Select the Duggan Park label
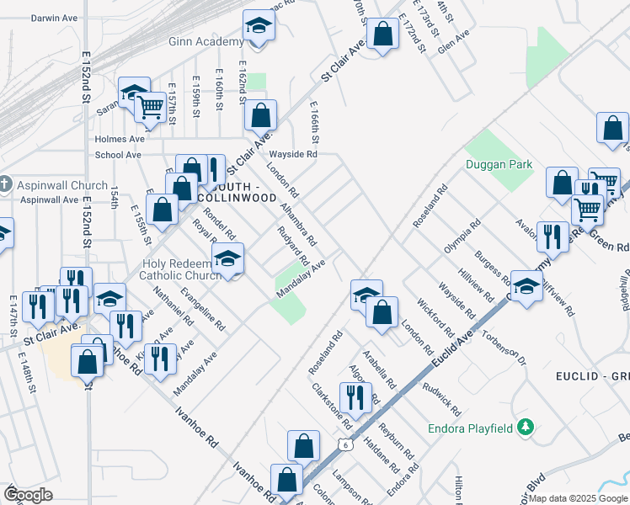pos(499,165)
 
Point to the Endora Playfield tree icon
pos(526,428)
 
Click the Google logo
pos(28,495)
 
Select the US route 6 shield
pos(344,444)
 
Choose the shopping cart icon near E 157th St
pos(150,107)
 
